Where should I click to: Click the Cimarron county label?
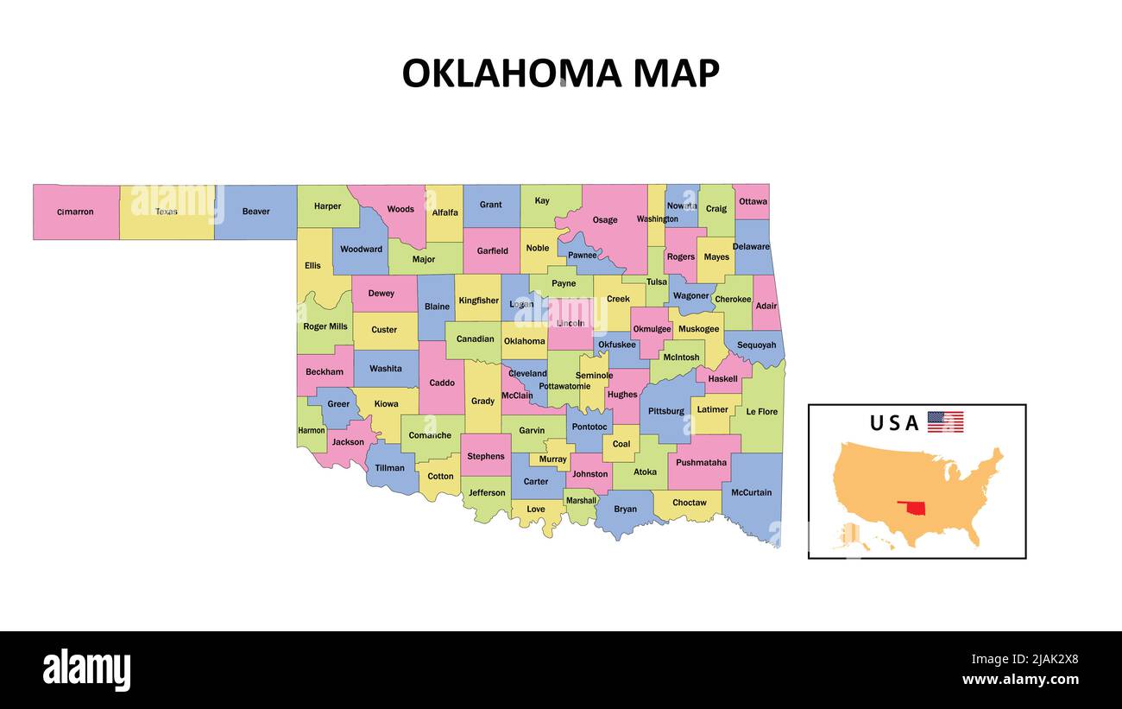tap(75, 212)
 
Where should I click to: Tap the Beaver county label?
tap(255, 211)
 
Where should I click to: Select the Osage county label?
tap(605, 219)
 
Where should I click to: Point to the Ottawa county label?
tap(753, 201)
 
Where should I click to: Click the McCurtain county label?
tap(751, 492)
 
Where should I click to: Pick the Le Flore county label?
tap(761, 411)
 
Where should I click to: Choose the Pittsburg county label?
tap(665, 411)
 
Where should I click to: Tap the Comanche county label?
tap(430, 435)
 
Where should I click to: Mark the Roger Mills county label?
tap(325, 326)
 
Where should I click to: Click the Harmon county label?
tap(312, 430)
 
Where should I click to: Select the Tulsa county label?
tap(657, 282)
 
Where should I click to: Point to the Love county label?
tap(536, 509)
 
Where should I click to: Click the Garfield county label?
tap(493, 250)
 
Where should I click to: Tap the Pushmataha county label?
tap(702, 462)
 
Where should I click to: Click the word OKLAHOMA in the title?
tap(512, 73)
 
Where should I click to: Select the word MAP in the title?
tap(676, 73)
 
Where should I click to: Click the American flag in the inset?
tap(945, 422)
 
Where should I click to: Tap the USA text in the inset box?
tap(894, 423)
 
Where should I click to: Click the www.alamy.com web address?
tap(1020, 680)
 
